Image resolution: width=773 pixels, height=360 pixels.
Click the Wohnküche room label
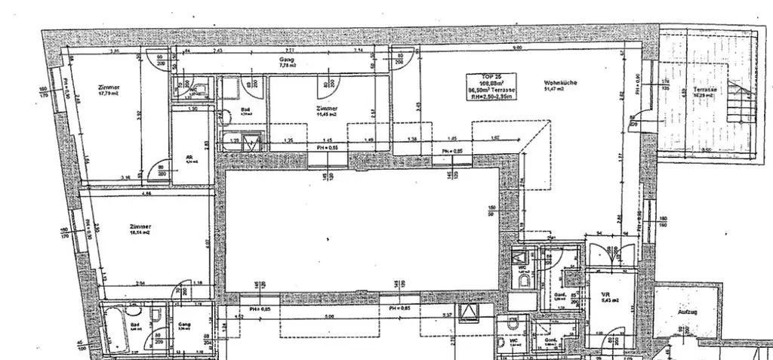pyautogui.click(x=553, y=85)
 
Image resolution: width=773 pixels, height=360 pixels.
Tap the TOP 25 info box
pyautogui.click(x=491, y=88)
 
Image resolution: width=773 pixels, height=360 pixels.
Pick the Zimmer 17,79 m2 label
pyautogui.click(x=109, y=91)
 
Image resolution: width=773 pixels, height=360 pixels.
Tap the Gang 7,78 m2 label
pyautogui.click(x=285, y=63)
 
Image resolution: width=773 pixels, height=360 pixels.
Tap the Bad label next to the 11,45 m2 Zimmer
pyautogui.click(x=245, y=110)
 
